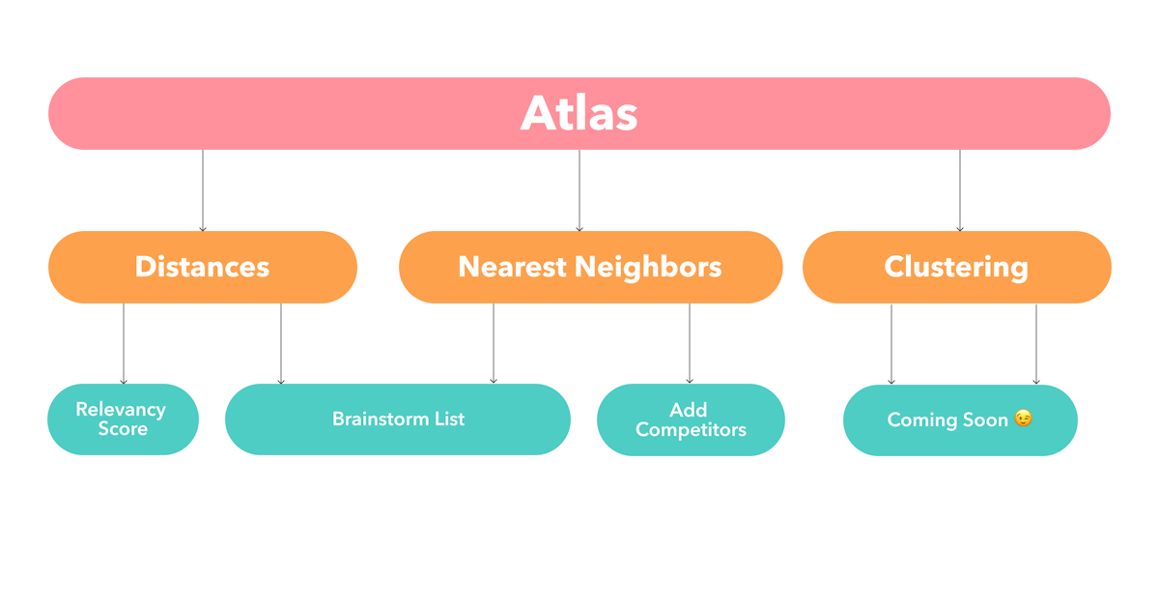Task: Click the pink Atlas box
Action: (579, 113)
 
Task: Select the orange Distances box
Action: (202, 267)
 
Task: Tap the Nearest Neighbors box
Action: (590, 267)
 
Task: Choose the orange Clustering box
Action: (956, 267)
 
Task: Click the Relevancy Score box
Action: (123, 419)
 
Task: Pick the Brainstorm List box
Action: (398, 419)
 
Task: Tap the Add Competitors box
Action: (691, 419)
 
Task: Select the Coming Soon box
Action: (960, 419)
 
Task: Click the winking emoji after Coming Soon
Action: (1023, 419)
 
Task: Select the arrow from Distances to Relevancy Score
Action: (124, 344)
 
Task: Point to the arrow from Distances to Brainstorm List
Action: (281, 344)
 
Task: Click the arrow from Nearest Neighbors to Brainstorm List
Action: (494, 344)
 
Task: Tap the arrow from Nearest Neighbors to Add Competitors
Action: (690, 344)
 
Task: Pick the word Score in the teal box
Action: (123, 428)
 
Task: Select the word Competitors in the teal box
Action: (691, 430)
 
